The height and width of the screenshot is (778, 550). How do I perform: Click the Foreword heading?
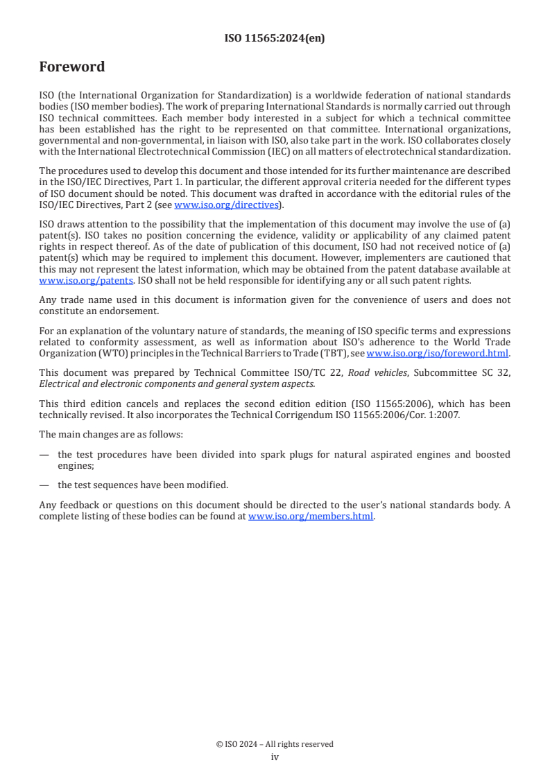pyautogui.click(x=72, y=67)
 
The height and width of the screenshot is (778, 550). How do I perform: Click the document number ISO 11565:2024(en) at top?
pyautogui.click(x=275, y=39)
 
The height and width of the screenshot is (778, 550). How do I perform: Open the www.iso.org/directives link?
pyautogui.click(x=226, y=205)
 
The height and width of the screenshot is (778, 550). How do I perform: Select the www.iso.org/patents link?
pyautogui.click(x=86, y=280)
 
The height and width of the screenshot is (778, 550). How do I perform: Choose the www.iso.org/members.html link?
pyautogui.click(x=311, y=516)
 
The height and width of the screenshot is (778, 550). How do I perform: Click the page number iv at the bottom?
pyautogui.click(x=275, y=757)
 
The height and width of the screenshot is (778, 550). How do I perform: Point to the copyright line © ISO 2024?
pyautogui.click(x=275, y=744)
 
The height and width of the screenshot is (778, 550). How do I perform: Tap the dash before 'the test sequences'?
pyautogui.click(x=44, y=485)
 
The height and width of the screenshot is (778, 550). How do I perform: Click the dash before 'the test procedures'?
pyautogui.click(x=44, y=455)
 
